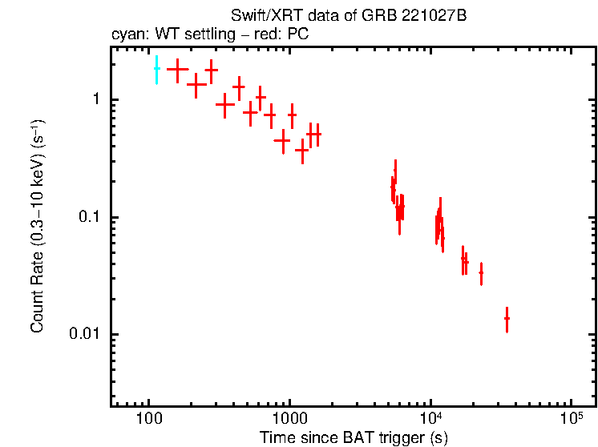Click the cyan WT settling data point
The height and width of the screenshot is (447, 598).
pyautogui.click(x=156, y=70)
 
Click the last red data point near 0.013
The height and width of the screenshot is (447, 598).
pyautogui.click(x=507, y=319)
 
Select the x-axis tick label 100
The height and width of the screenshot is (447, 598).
pyautogui.click(x=148, y=417)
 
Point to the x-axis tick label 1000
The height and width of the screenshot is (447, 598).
pyautogui.click(x=289, y=417)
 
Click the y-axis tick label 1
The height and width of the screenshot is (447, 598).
pyautogui.click(x=95, y=100)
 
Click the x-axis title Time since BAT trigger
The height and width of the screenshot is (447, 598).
pyautogui.click(x=354, y=437)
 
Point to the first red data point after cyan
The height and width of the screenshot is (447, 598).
pyautogui.click(x=177, y=70)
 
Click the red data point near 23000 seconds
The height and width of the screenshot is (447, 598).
pyautogui.click(x=481, y=273)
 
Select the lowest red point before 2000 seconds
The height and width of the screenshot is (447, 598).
pyautogui.click(x=302, y=150)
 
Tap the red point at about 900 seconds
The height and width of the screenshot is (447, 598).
pyautogui.click(x=281, y=139)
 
